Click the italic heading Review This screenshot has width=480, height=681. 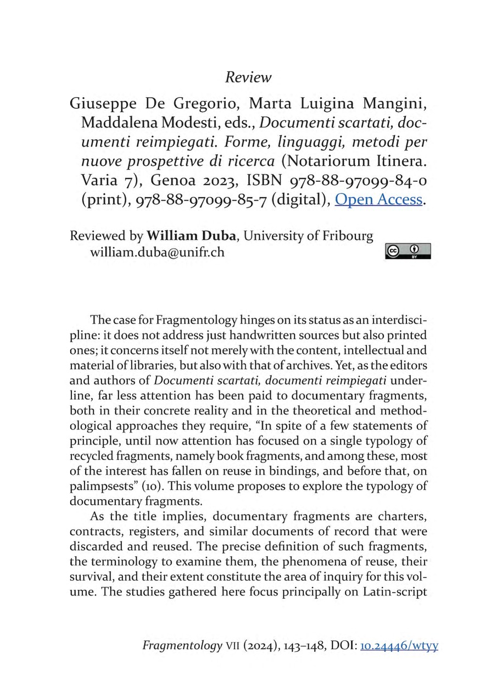(248, 77)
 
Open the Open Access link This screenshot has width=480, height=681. (378, 200)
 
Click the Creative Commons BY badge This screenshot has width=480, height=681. (408, 251)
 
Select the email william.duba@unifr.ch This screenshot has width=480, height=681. (157, 253)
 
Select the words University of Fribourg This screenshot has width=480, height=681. (309, 236)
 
